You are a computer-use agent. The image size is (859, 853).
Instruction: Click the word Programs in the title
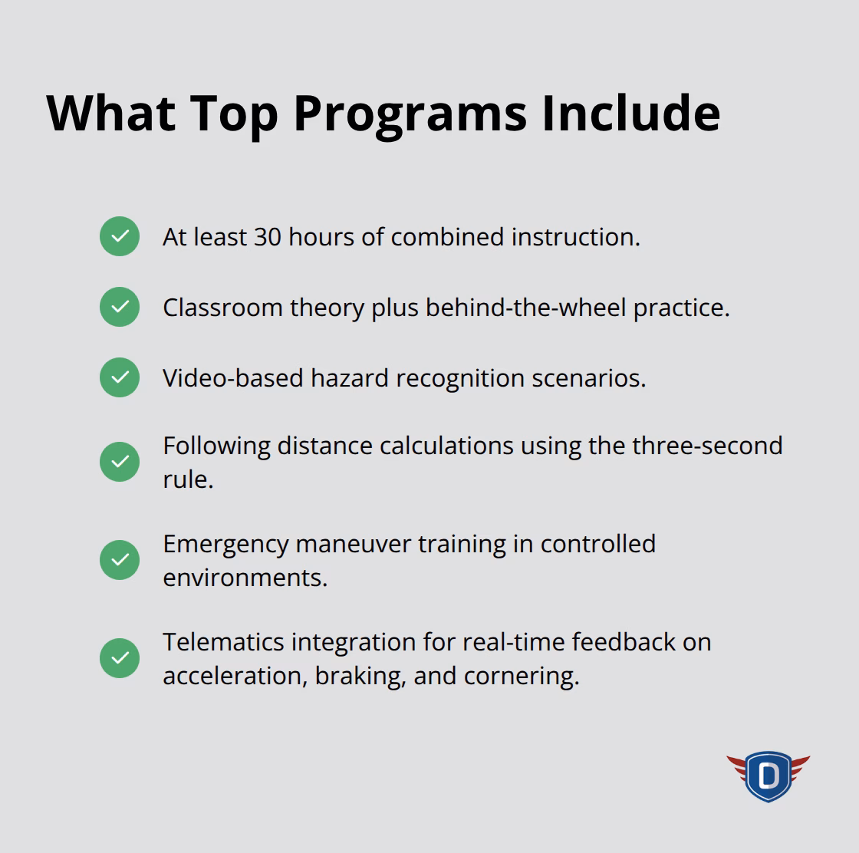click(410, 114)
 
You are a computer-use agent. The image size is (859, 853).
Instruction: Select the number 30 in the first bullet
click(268, 237)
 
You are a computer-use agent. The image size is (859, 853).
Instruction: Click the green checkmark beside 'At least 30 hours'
click(120, 236)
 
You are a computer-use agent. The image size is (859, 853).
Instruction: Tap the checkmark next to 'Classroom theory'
click(120, 307)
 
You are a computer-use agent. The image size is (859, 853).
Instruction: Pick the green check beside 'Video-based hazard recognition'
click(120, 377)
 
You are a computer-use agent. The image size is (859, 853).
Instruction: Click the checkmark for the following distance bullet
click(120, 462)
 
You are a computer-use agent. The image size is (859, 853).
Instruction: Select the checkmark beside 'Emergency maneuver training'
click(120, 560)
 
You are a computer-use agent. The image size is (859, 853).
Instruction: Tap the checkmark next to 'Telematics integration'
click(120, 658)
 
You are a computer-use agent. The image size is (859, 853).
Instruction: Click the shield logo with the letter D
click(768, 776)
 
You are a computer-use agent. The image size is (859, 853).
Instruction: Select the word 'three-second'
click(707, 446)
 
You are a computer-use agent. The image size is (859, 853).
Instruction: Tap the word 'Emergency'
click(225, 544)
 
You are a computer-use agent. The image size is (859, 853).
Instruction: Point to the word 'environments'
click(244, 578)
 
